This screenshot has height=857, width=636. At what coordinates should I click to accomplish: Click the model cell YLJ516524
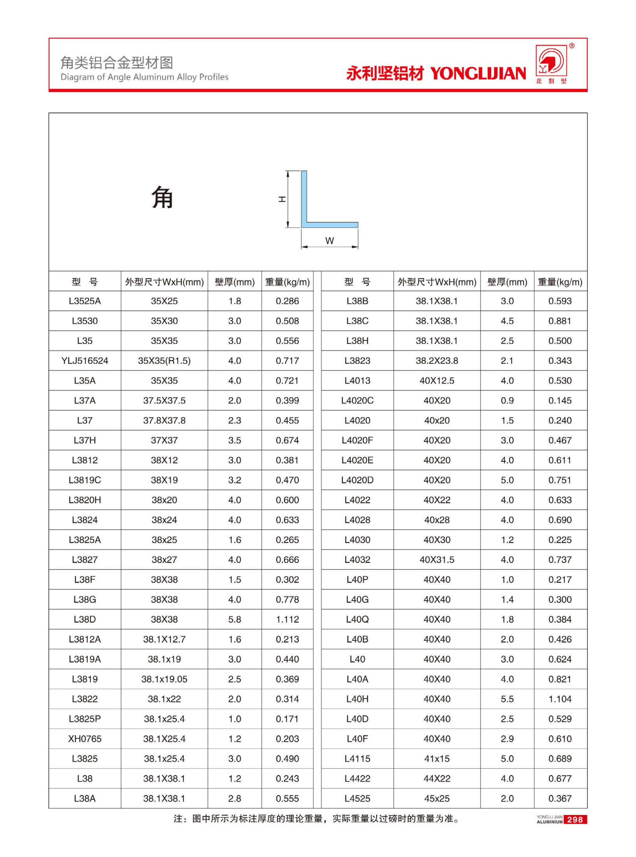(x=84, y=361)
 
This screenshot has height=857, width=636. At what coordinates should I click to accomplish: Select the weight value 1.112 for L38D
(x=287, y=619)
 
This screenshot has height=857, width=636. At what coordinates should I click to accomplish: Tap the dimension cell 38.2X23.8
(x=436, y=361)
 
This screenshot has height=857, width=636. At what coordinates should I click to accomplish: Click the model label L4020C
(x=357, y=400)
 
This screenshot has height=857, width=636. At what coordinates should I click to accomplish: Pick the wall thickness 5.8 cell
(x=235, y=619)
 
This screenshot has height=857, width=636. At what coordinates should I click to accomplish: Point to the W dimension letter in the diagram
(x=329, y=241)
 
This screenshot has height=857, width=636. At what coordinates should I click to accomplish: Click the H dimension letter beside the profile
(x=282, y=199)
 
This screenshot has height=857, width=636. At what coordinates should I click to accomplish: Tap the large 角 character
(x=162, y=197)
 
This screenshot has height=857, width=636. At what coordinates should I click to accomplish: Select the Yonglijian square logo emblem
(x=551, y=61)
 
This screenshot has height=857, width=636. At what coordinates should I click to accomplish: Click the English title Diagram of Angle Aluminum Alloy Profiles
(x=144, y=77)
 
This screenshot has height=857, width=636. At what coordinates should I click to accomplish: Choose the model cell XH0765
(x=84, y=739)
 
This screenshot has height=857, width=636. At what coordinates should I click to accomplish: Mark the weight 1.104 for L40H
(x=560, y=699)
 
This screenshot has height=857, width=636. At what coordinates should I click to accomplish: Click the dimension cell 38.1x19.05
(x=164, y=679)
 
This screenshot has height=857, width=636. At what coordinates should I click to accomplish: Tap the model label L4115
(x=357, y=759)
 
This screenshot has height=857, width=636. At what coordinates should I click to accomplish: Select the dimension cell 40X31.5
(x=436, y=559)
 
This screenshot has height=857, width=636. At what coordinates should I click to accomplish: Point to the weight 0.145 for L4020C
(x=560, y=400)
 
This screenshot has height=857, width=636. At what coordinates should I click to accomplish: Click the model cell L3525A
(x=84, y=301)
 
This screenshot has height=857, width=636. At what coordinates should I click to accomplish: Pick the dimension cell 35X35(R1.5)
(x=164, y=361)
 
